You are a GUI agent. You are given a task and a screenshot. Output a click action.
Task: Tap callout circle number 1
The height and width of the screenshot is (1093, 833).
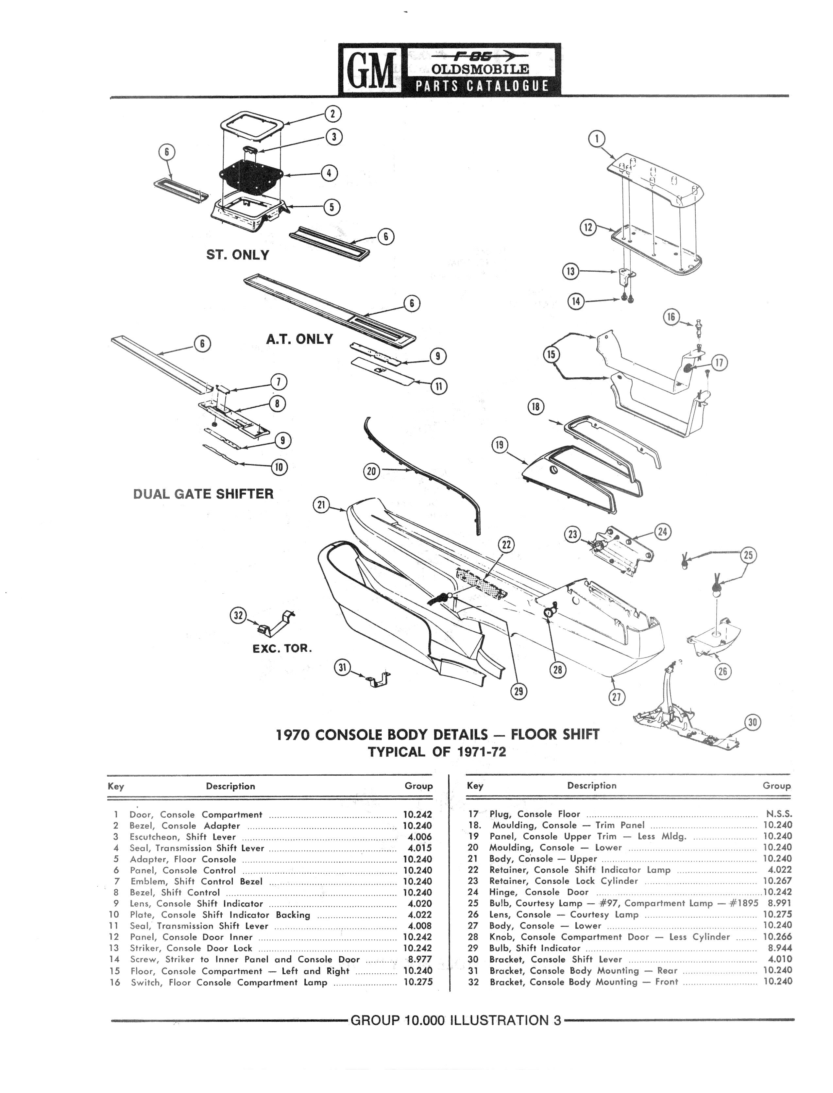point(597,139)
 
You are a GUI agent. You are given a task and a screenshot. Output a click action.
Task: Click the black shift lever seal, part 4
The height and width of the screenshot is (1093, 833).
point(251,175)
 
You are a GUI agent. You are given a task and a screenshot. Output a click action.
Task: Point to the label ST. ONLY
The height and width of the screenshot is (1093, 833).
point(237,255)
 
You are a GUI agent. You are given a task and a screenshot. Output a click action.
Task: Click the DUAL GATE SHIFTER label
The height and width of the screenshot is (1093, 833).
point(203,494)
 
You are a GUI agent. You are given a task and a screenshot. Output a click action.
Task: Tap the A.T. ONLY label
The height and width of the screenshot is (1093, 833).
point(299,339)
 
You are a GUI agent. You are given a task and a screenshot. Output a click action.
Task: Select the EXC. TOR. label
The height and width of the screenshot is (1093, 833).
point(282,648)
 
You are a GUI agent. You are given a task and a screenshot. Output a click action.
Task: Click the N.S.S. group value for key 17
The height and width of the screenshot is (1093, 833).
point(779,814)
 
